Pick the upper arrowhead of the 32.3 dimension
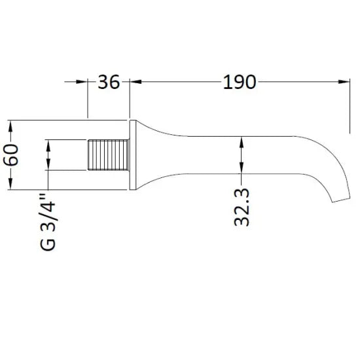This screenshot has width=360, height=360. coord(242,141)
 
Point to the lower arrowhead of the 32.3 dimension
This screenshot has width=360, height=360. coord(242,168)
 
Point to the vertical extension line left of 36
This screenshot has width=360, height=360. coord(88,98)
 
